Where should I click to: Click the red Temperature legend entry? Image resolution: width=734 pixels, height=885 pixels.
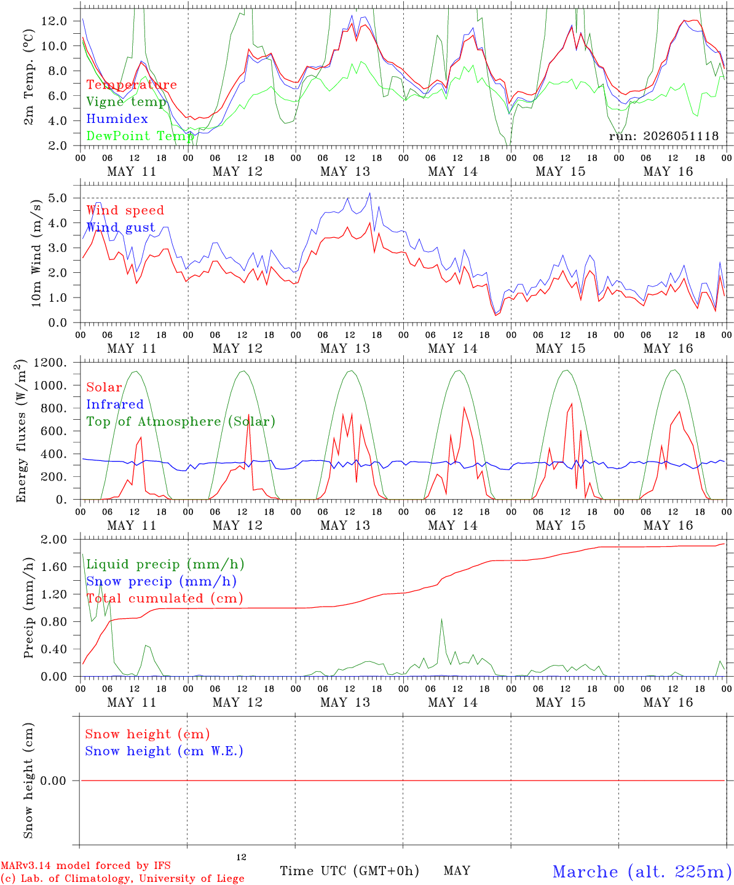(x=132, y=84)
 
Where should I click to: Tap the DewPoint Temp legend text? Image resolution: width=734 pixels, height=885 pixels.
(x=140, y=136)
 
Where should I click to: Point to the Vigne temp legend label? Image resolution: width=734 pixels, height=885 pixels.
(x=127, y=102)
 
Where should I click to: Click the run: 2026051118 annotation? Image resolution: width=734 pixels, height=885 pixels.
(x=663, y=136)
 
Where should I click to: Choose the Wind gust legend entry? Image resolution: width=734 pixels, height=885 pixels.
(x=121, y=227)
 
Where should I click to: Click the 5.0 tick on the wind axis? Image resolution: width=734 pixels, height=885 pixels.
(x=57, y=198)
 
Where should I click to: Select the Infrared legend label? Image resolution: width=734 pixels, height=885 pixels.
(x=115, y=404)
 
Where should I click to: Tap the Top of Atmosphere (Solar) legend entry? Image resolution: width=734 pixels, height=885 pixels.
(x=181, y=422)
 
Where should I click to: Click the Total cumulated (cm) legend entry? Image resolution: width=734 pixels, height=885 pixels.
(x=165, y=598)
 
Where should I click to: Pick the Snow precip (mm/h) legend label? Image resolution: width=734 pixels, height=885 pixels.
(x=161, y=581)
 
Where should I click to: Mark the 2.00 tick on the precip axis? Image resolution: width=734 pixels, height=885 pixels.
(x=54, y=539)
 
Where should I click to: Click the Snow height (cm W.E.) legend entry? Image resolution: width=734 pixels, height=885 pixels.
(x=164, y=750)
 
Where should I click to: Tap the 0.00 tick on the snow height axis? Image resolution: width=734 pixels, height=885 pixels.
(x=53, y=781)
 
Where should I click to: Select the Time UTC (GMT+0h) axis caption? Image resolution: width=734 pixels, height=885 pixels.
(x=349, y=871)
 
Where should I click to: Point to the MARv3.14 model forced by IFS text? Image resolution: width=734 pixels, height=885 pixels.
(x=85, y=865)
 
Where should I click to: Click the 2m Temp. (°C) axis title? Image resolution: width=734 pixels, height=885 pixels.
(x=28, y=77)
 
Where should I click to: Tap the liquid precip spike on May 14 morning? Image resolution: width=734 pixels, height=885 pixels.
(x=441, y=619)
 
